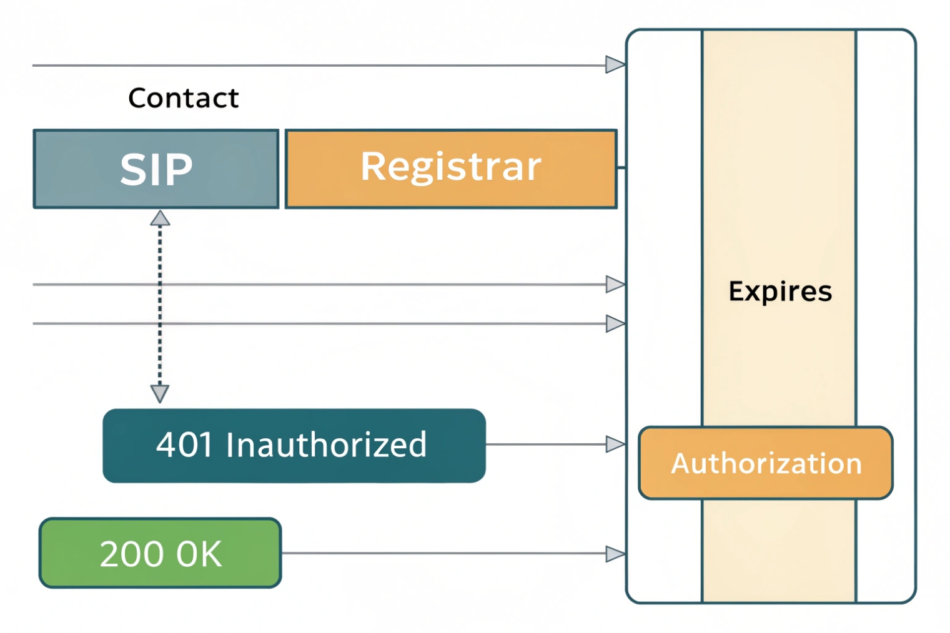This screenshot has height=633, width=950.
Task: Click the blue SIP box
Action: click(x=156, y=169)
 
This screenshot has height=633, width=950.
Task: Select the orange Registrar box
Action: click(x=451, y=169)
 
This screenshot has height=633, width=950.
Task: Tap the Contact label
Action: click(x=183, y=98)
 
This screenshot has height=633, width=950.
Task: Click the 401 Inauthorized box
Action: click(x=294, y=446)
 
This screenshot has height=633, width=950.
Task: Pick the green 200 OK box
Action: click(x=160, y=553)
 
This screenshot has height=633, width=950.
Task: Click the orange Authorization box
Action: click(x=766, y=463)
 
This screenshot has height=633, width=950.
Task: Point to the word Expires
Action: click(x=780, y=292)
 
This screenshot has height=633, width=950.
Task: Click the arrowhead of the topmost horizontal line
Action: click(x=615, y=65)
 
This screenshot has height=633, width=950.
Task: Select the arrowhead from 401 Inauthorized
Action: click(x=615, y=444)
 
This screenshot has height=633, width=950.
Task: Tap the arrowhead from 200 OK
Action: click(x=615, y=554)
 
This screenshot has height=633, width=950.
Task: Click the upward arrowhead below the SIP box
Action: click(x=160, y=218)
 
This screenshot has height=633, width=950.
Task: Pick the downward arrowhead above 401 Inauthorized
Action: click(x=160, y=393)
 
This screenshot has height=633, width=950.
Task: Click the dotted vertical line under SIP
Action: click(x=160, y=306)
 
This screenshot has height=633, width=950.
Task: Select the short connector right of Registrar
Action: click(x=621, y=168)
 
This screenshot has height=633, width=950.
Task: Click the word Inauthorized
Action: click(x=326, y=445)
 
